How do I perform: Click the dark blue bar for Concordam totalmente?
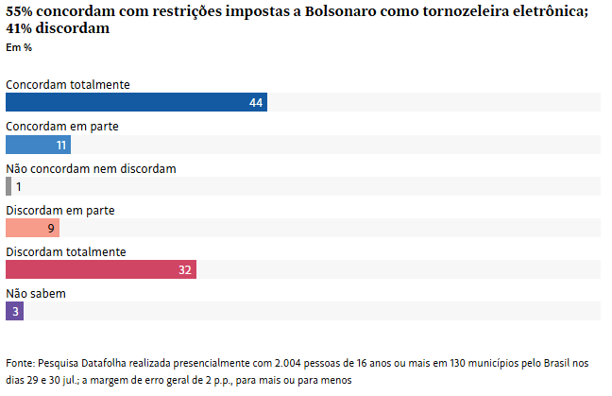click(x=136, y=102)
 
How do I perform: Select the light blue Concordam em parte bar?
click(x=38, y=145)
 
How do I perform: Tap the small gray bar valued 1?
click(x=8, y=186)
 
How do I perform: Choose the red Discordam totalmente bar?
click(x=100, y=269)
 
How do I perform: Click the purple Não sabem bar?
click(x=14, y=311)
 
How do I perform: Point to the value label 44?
click(x=255, y=103)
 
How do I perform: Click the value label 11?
click(x=61, y=145)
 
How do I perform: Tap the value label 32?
click(x=185, y=269)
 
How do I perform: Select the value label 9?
click(x=52, y=228)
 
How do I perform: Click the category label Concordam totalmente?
click(x=68, y=84)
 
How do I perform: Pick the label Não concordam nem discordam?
click(x=91, y=168)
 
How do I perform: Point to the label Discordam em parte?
click(x=59, y=210)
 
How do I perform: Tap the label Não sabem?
click(x=36, y=293)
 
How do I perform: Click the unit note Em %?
click(x=19, y=47)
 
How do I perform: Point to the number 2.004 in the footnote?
click(x=289, y=363)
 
